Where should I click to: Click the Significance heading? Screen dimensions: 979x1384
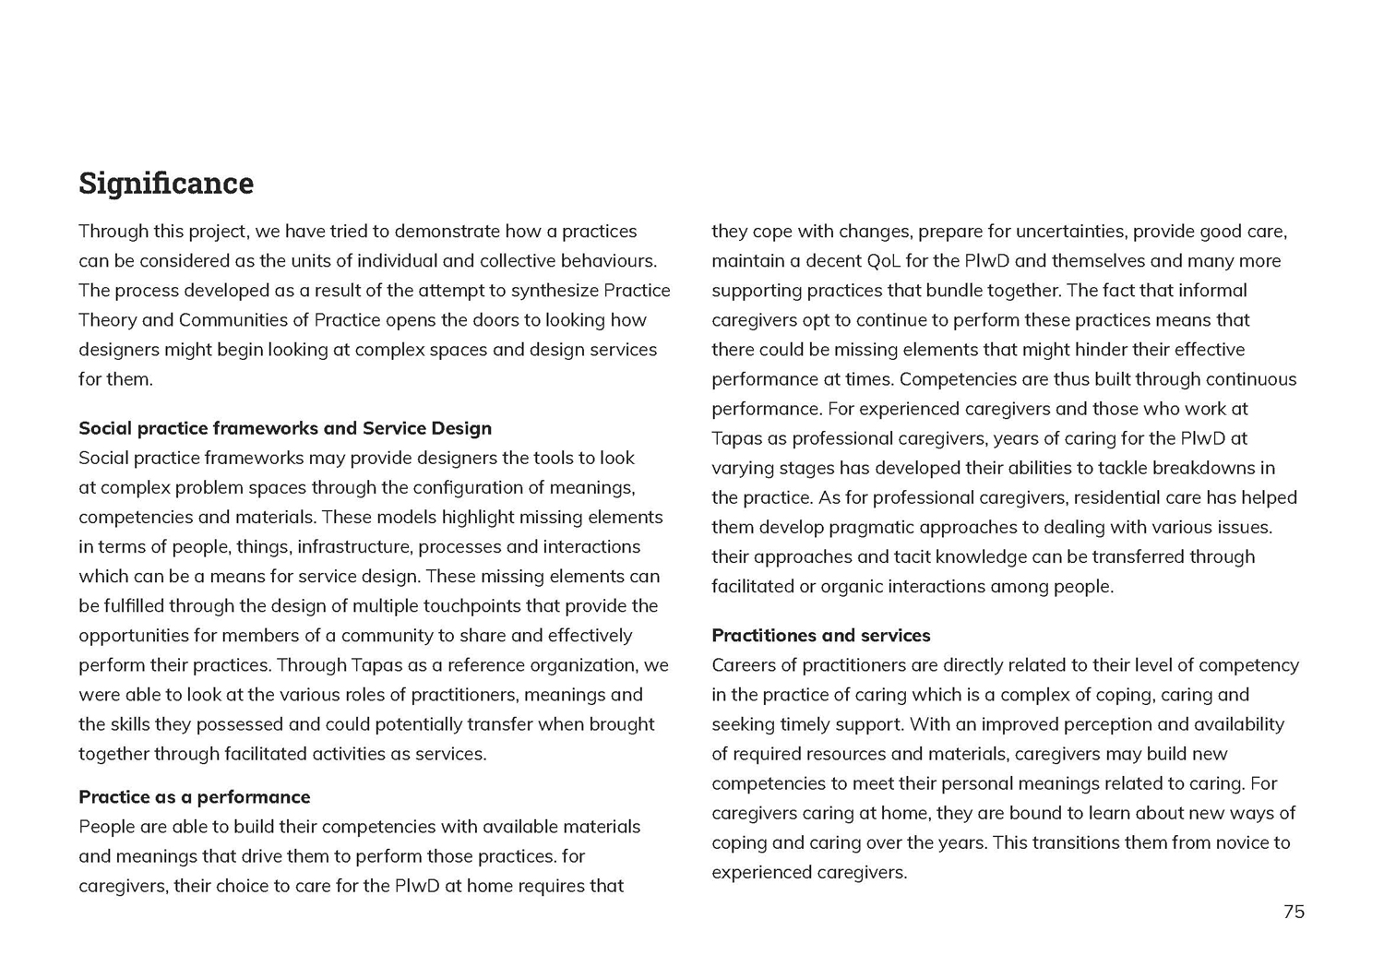click(x=166, y=184)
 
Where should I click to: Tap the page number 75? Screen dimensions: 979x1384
click(x=1294, y=912)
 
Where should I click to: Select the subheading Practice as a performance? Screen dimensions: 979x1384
click(x=194, y=797)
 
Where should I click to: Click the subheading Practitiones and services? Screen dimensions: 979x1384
click(x=820, y=636)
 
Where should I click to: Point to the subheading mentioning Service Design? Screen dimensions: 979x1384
click(x=284, y=428)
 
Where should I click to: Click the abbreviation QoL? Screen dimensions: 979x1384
click(x=884, y=261)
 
